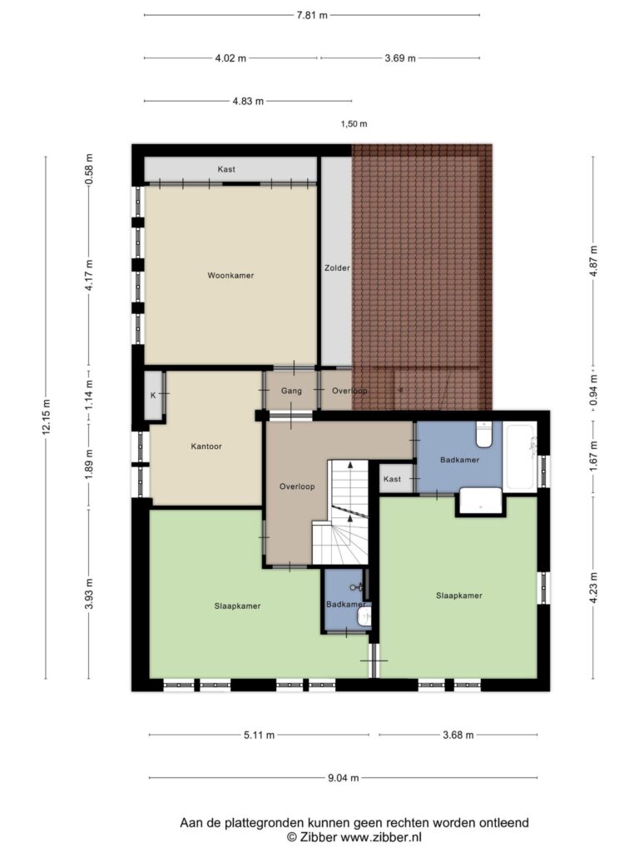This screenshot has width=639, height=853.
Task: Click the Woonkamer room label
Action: pyautogui.click(x=230, y=275)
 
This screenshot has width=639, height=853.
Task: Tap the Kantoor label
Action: pyautogui.click(x=206, y=446)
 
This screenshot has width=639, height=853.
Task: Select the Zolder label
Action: pyautogui.click(x=337, y=267)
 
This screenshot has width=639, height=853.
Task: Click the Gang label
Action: pyautogui.click(x=291, y=391)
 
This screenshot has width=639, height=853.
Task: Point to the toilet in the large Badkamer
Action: pyautogui.click(x=483, y=433)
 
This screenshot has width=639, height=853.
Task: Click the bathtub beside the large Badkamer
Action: pyautogui.click(x=519, y=457)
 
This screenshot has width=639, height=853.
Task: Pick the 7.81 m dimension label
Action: pyautogui.click(x=312, y=15)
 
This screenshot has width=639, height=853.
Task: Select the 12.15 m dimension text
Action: pyautogui.click(x=47, y=417)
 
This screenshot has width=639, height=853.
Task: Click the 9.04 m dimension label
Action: pyautogui.click(x=344, y=778)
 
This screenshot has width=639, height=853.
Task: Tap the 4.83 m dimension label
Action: pyautogui.click(x=248, y=101)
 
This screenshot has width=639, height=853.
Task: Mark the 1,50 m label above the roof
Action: pyautogui.click(x=354, y=123)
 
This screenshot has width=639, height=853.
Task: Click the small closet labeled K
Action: pyautogui.click(x=153, y=396)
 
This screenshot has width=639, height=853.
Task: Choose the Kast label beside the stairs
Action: pyautogui.click(x=393, y=479)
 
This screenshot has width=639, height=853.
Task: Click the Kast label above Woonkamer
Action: pyautogui.click(x=226, y=169)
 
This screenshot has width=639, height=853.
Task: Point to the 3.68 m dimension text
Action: pyautogui.click(x=458, y=735)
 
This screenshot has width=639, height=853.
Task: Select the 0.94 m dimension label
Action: pyautogui.click(x=593, y=390)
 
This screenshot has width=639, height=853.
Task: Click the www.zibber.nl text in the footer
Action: pyautogui.click(x=380, y=837)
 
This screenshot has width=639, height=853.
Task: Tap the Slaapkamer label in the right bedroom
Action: pyautogui.click(x=459, y=595)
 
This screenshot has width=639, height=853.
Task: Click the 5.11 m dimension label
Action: pyautogui.click(x=260, y=735)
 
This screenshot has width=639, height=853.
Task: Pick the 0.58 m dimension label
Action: pyautogui.click(x=90, y=169)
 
